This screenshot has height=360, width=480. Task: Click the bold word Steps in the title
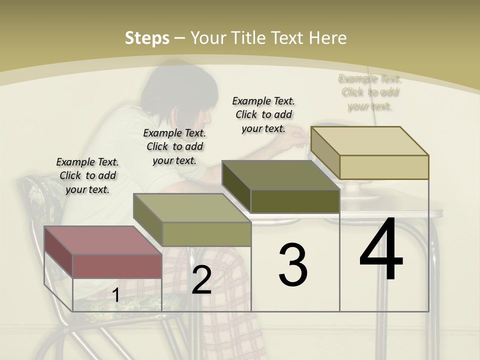click(x=147, y=38)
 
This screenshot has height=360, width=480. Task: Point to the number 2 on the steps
click(x=201, y=280)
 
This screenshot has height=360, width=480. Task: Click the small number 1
click(x=115, y=295)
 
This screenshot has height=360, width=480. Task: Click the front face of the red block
click(x=117, y=266)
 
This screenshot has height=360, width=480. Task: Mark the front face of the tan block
click(x=384, y=167)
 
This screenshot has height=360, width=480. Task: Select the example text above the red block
click(x=87, y=175)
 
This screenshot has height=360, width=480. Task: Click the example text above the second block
click(x=174, y=146)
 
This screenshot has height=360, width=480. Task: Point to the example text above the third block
click(x=263, y=114)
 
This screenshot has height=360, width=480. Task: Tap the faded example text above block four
click(x=369, y=92)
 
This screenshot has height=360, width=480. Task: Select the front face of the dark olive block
click(x=295, y=201)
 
